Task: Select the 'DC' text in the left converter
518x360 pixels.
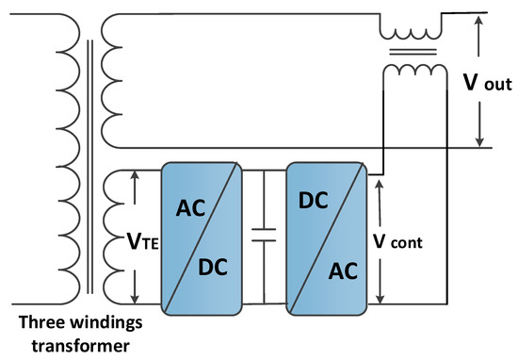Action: point(212,270)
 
